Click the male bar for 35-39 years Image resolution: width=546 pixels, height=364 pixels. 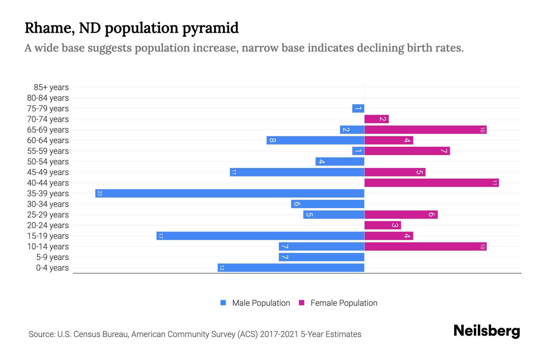[x=230, y=193]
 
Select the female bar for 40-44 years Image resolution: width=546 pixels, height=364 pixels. [x=431, y=183]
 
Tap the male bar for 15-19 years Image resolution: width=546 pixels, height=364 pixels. [x=260, y=236]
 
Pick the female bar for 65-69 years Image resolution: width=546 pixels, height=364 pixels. [x=425, y=130]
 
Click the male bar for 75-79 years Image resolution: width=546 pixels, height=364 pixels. [x=358, y=108]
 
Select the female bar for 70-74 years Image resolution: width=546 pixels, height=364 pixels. [x=376, y=119]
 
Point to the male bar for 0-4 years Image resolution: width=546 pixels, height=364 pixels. [x=291, y=268]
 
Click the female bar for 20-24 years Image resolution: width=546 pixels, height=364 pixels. [x=383, y=225]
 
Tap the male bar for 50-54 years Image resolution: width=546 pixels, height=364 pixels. [x=340, y=161]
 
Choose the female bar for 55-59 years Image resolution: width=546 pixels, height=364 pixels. [x=407, y=151]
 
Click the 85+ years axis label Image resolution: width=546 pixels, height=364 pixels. [x=51, y=87]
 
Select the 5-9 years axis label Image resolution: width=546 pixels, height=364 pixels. [x=52, y=257]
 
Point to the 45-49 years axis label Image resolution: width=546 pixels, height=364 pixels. [x=48, y=172]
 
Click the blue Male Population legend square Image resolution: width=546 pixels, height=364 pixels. [x=223, y=303]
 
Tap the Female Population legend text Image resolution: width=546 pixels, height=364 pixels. [x=344, y=303]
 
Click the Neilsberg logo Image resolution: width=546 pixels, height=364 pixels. [x=487, y=331]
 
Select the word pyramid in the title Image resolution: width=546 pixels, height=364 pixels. [x=211, y=28]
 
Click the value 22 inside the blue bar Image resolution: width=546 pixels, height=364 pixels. [x=99, y=193]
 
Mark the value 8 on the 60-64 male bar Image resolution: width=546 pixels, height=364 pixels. [x=272, y=140]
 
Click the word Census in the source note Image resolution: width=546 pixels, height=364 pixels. [x=86, y=334]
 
